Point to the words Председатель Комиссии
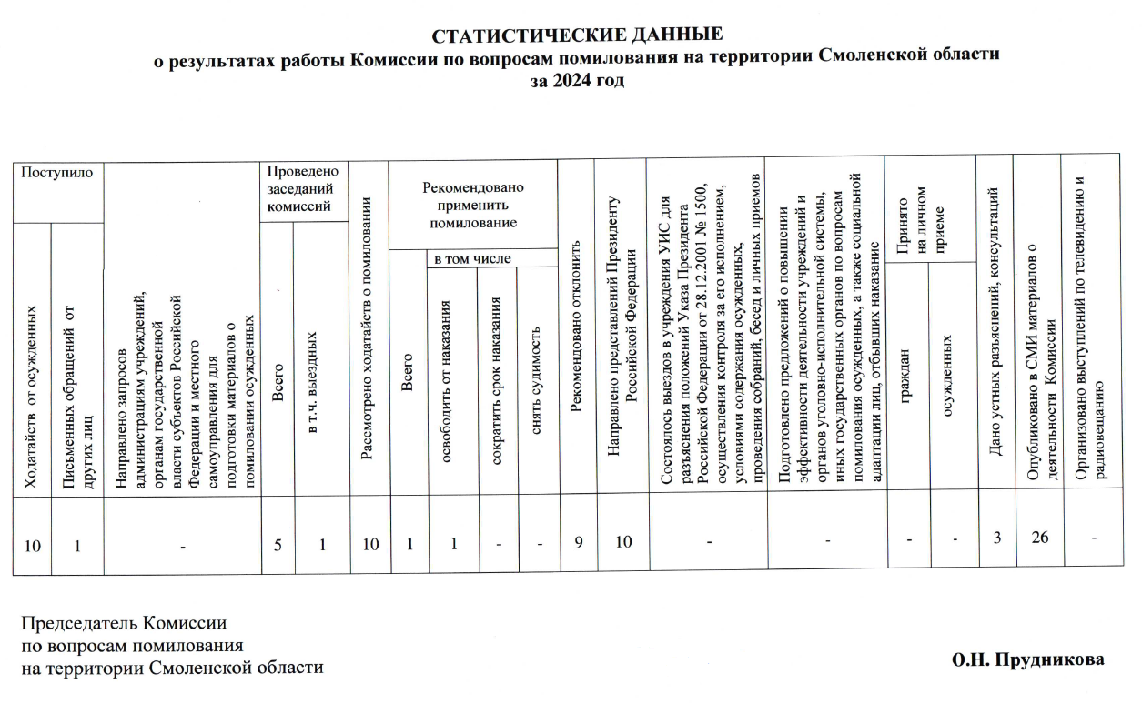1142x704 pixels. click(124, 624)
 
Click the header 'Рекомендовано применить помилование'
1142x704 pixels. click(472, 204)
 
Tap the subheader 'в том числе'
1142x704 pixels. click(472, 259)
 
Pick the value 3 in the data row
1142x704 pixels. click(997, 538)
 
